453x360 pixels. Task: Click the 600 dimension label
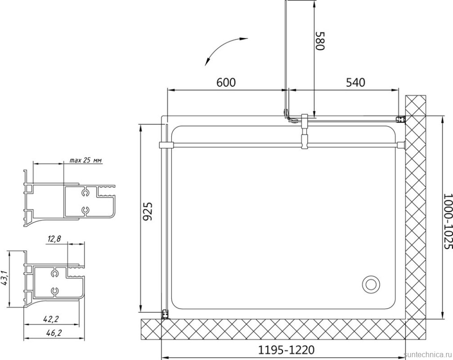(226, 82)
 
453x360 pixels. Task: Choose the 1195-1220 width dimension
(286, 350)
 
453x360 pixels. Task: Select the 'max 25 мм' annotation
(86, 160)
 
